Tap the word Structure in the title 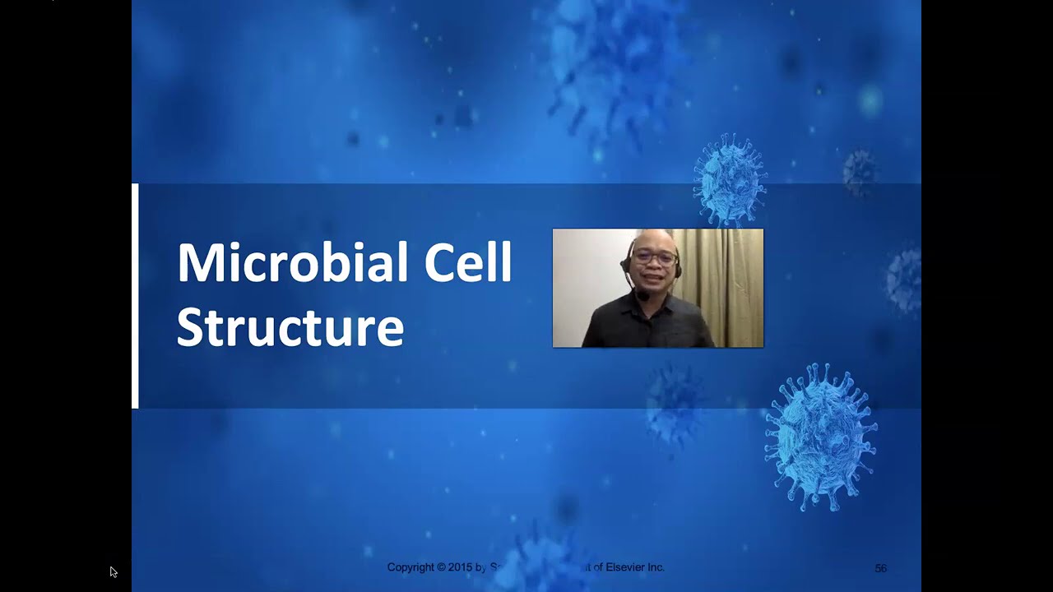click(x=290, y=326)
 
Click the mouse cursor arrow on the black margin click(x=113, y=571)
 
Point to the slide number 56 click(x=880, y=568)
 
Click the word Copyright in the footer click(x=411, y=567)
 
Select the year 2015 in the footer click(x=461, y=567)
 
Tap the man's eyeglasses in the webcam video click(x=656, y=257)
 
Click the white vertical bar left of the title click(x=135, y=296)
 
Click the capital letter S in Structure click(x=188, y=326)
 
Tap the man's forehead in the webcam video click(x=655, y=242)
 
